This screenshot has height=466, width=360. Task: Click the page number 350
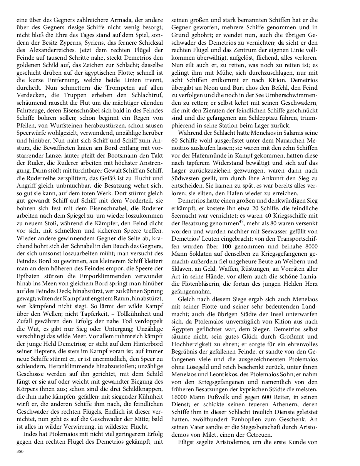click(x=20, y=451)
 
